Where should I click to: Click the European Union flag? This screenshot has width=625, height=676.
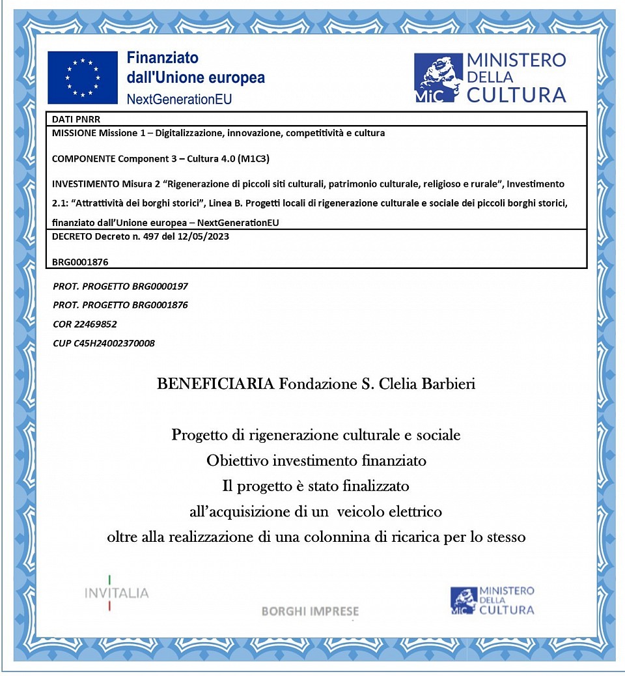pos(83,77)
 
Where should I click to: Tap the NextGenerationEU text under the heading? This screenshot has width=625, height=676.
pos(179,99)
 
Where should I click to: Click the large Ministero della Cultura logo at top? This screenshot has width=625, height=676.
pos(490,78)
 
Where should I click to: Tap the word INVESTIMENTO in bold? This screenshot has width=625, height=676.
pos(85,184)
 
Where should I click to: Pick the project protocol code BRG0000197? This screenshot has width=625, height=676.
pos(160,286)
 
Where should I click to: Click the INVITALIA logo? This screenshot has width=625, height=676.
pos(117,593)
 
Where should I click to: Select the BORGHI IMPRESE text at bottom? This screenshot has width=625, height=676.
pos(310,612)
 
